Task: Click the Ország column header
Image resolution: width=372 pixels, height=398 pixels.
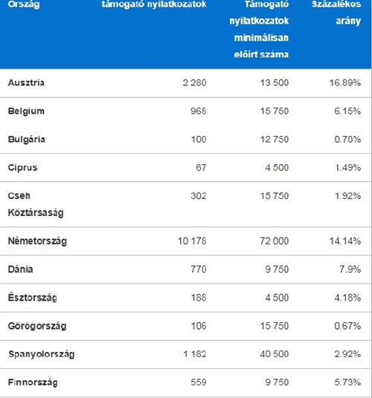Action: (24, 4)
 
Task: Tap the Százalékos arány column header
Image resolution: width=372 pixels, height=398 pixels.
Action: (336, 12)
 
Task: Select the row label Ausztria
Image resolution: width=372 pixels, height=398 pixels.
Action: (26, 82)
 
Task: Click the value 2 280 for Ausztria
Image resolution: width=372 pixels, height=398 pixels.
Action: (194, 82)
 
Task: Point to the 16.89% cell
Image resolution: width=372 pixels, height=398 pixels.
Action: (345, 82)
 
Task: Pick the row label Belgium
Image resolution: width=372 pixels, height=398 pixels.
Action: (26, 111)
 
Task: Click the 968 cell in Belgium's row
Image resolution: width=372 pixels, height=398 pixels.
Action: (199, 111)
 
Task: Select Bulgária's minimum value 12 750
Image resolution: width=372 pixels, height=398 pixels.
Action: (275, 140)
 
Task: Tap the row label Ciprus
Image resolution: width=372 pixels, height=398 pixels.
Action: (22, 168)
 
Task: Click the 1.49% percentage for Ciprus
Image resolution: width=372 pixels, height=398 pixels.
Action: (347, 168)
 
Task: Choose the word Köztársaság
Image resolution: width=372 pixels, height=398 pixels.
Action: (36, 212)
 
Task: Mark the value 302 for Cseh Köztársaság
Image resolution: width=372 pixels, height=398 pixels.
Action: (199, 196)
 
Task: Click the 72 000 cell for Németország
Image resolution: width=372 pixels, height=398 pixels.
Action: (274, 241)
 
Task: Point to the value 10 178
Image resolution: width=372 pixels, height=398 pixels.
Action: (192, 241)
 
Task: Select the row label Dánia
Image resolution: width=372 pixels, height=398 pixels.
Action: (20, 270)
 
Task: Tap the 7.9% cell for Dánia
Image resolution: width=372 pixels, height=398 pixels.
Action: (350, 270)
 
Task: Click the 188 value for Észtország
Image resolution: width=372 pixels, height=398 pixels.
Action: (199, 298)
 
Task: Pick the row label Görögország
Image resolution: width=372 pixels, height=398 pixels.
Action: (37, 326)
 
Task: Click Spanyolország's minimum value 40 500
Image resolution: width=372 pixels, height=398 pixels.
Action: (274, 354)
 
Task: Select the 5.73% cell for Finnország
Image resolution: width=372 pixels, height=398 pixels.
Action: (347, 382)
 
